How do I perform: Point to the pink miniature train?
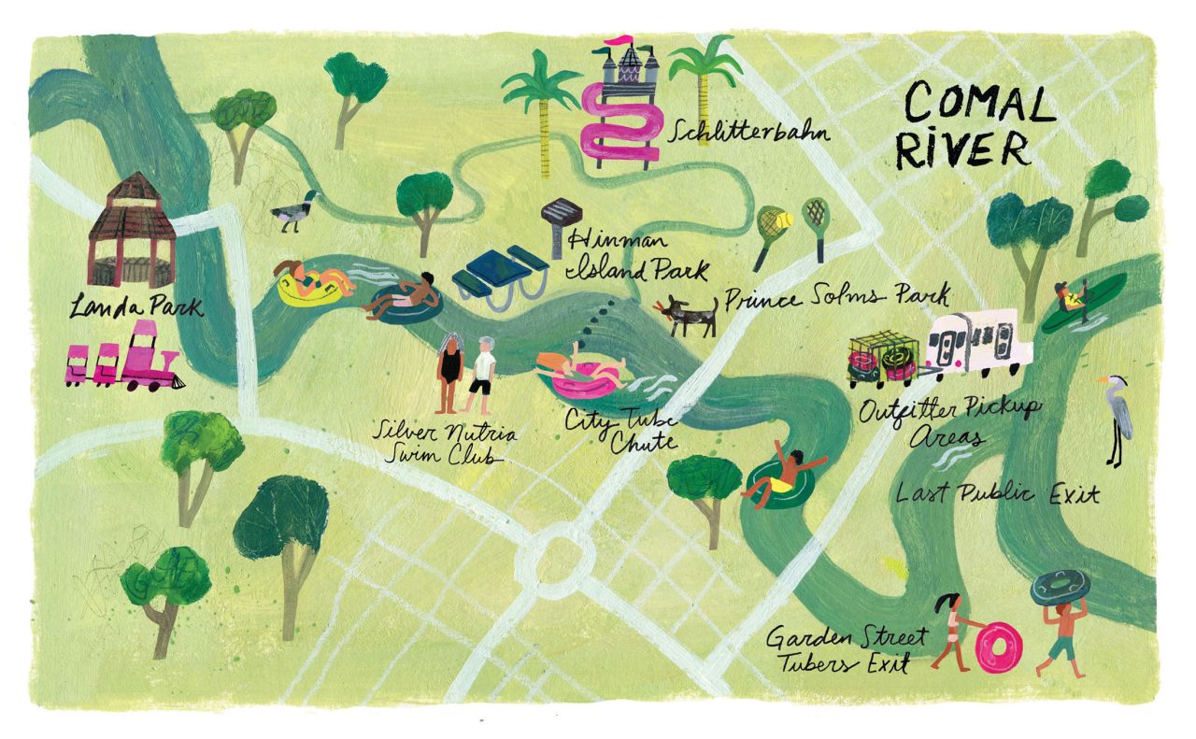pyautogui.click(x=124, y=358)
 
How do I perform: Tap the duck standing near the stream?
pyautogui.click(x=293, y=212)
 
